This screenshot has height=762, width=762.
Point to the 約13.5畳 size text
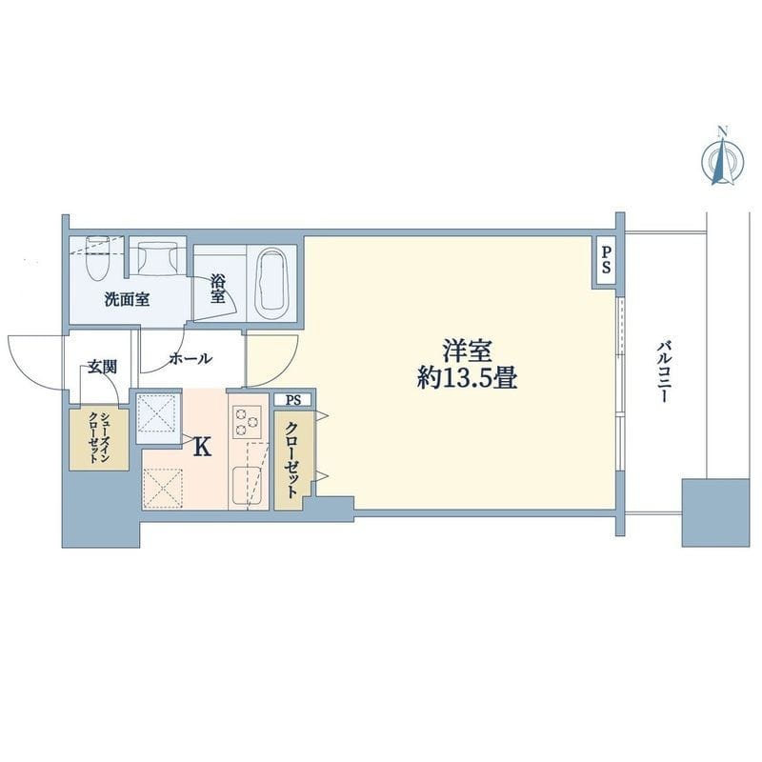point(467,378)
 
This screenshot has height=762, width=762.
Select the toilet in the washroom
point(96,257)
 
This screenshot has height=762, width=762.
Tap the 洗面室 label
point(126,299)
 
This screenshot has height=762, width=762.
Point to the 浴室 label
point(218,290)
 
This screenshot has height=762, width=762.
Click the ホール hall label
point(190,359)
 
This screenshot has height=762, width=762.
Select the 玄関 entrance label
point(103,366)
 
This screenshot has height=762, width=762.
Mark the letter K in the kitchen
point(203,446)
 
